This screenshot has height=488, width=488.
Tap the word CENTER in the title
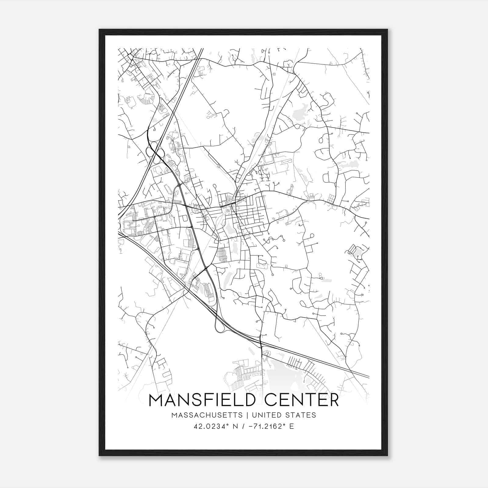point(301,400)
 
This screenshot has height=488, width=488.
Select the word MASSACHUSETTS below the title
point(207,415)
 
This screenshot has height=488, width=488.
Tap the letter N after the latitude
point(235,426)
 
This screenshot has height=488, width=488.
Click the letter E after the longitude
point(292,426)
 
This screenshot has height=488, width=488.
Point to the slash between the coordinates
point(243,426)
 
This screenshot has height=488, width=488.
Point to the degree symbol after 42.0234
point(227,425)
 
